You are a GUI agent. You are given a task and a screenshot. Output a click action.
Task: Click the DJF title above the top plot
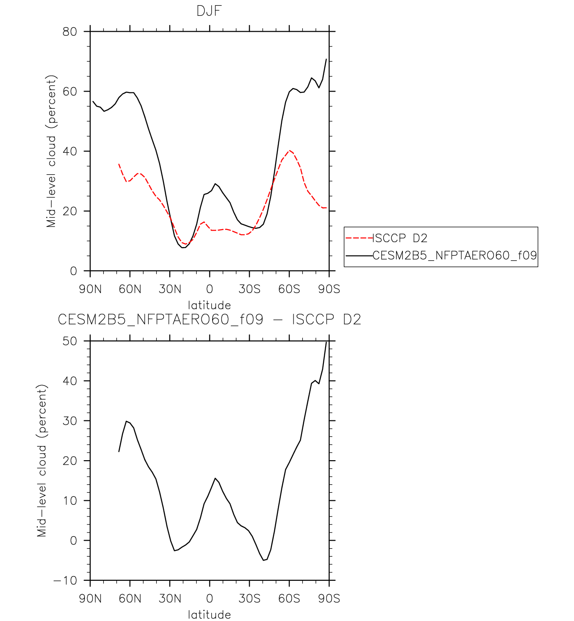(209, 11)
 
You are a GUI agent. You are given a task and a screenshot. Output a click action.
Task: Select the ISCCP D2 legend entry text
(400, 238)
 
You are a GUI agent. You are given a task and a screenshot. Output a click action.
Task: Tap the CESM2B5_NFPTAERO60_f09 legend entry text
(455, 256)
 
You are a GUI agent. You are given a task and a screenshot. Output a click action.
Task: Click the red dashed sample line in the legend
(359, 238)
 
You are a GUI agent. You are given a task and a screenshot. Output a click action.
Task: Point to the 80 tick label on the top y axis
(70, 32)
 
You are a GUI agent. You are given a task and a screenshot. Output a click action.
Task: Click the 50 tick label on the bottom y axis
(70, 341)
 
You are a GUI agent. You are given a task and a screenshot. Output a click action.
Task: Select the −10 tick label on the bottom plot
(65, 581)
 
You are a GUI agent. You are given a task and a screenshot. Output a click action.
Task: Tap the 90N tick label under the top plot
(90, 289)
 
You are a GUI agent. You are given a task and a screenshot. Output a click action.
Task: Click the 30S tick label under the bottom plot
(250, 599)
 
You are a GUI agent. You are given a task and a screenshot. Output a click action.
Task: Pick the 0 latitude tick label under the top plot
(209, 289)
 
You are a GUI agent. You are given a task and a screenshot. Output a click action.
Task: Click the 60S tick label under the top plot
(289, 289)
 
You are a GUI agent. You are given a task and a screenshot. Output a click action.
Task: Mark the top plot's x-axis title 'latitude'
(209, 305)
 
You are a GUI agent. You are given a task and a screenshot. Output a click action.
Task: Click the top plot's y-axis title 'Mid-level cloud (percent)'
(51, 151)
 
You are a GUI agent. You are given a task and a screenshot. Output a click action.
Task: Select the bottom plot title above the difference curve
(209, 319)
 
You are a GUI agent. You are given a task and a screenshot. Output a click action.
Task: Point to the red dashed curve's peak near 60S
(290, 151)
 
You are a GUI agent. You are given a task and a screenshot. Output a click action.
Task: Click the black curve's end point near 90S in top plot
(327, 59)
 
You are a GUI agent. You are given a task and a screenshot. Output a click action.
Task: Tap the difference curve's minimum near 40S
(264, 560)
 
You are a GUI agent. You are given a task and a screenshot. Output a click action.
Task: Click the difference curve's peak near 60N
(126, 421)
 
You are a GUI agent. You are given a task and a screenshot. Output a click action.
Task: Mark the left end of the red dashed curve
(119, 164)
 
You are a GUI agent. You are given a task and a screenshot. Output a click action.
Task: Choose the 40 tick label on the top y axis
(70, 151)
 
